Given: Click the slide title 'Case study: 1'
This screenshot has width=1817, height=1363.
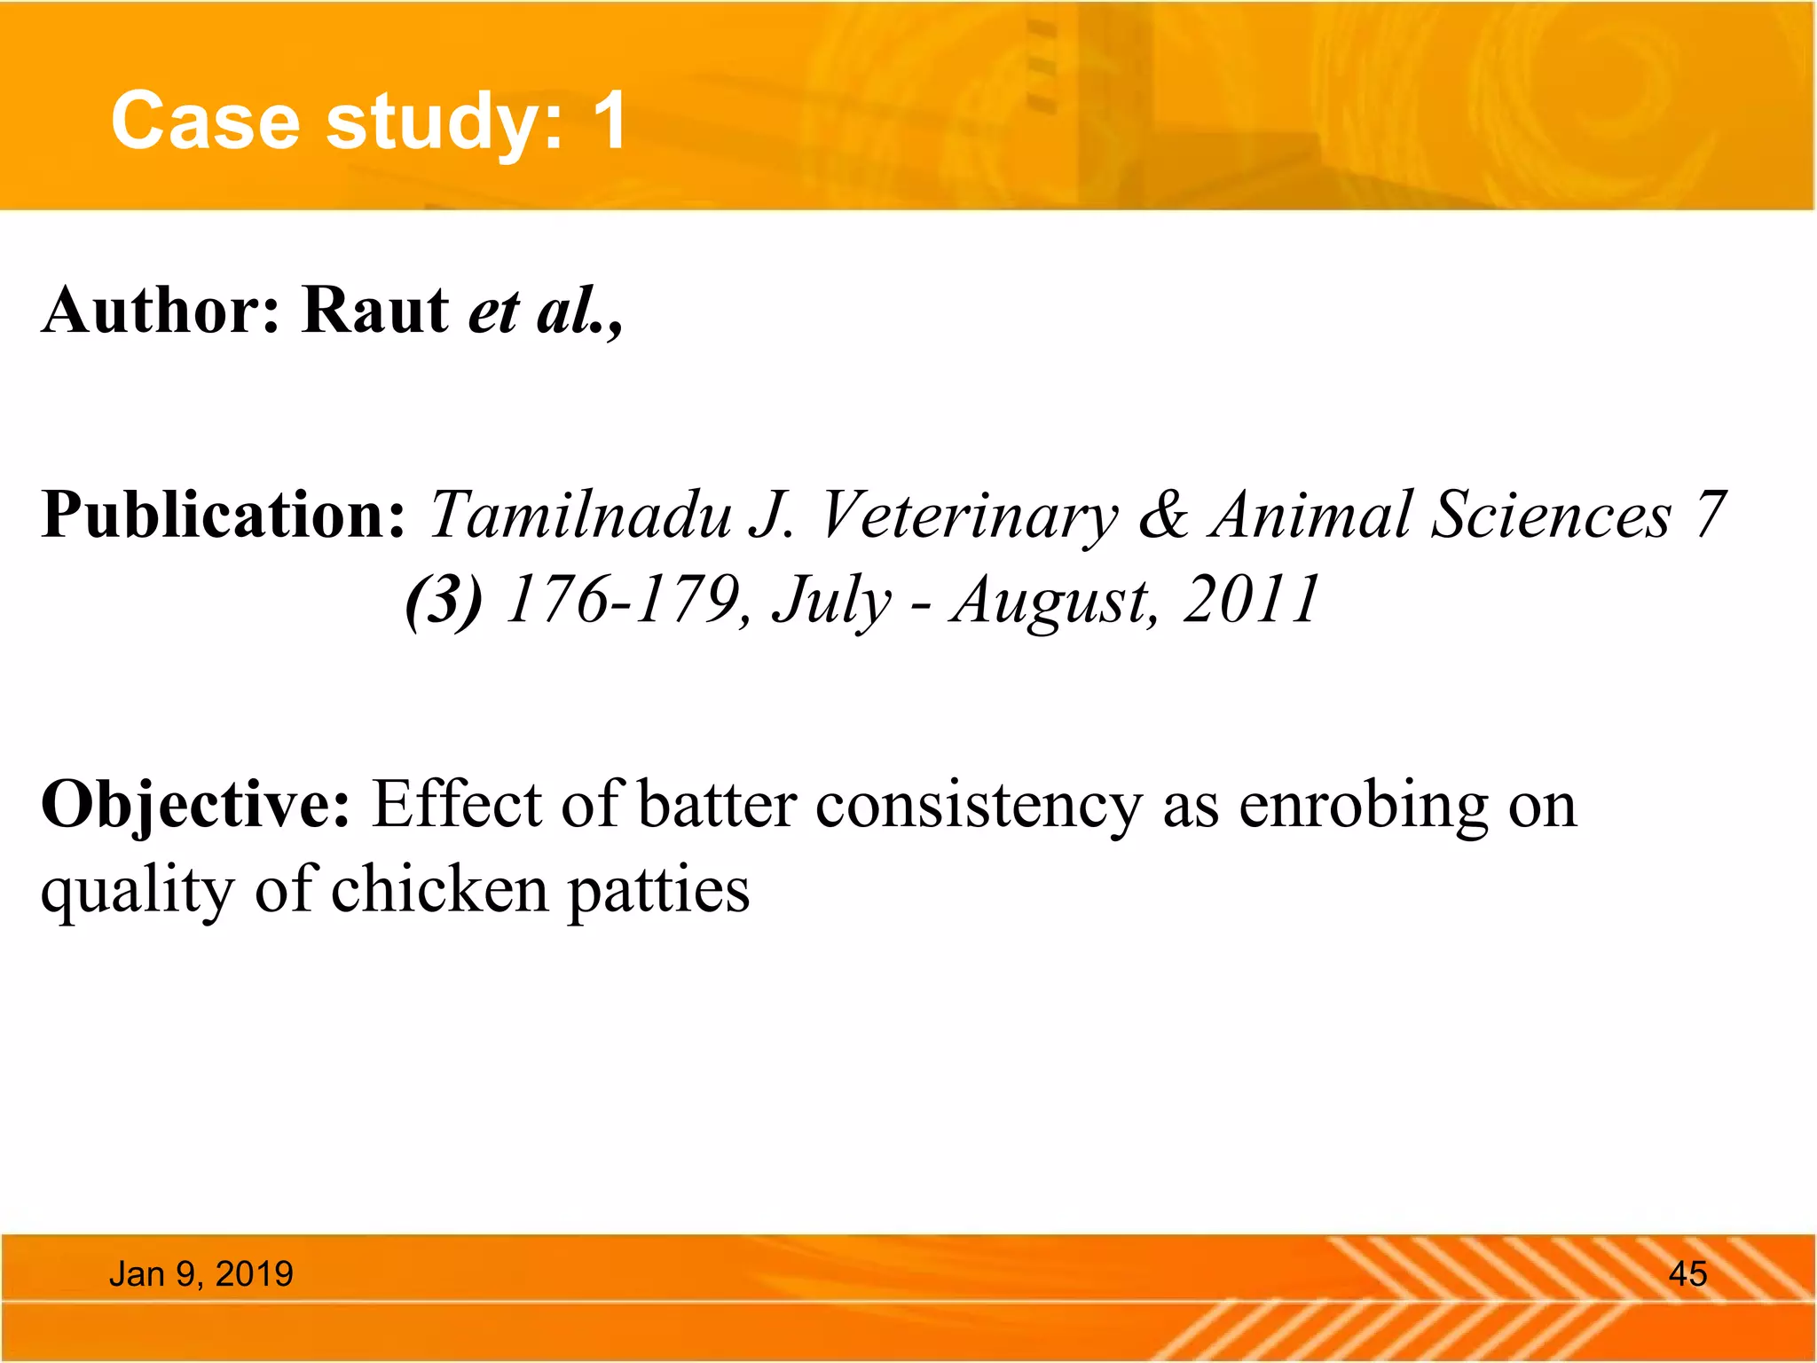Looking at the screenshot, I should coord(369,122).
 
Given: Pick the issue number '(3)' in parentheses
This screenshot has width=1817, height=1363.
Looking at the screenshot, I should coord(444,601).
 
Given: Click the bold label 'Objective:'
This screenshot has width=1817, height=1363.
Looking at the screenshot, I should coord(196,806).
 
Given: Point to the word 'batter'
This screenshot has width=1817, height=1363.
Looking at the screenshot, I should coord(717,806).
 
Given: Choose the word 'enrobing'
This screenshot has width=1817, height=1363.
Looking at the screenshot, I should coord(1363,806).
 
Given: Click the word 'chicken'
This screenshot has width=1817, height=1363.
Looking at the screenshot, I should coord(440,890).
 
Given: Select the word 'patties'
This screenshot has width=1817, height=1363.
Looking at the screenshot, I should coord(658,892).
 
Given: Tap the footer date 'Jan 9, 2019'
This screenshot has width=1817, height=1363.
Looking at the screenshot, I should coord(201,1274).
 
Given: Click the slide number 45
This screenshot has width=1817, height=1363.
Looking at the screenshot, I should coord(1687,1274).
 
